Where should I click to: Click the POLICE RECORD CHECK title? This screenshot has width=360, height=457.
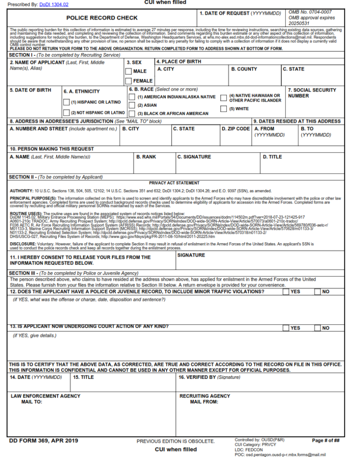(x=102, y=18)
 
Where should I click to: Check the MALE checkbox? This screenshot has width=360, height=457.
(x=129, y=71)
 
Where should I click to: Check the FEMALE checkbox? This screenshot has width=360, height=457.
(x=129, y=81)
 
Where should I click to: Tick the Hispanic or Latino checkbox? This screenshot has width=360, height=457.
(x=67, y=102)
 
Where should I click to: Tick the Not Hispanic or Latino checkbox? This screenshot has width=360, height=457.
(x=67, y=113)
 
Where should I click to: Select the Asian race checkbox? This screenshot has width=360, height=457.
(x=132, y=105)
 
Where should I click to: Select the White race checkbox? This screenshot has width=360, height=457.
(x=224, y=109)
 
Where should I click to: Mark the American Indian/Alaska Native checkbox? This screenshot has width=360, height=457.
(x=132, y=97)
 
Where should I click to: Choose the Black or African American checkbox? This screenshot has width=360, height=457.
(x=132, y=114)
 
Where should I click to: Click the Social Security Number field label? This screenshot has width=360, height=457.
(x=312, y=93)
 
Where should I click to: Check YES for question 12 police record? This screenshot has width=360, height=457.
(x=286, y=292)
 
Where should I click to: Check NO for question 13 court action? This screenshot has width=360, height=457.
(x=318, y=328)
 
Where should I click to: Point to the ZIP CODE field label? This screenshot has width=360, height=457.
(x=236, y=129)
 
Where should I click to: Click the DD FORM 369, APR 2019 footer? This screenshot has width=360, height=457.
(x=44, y=441)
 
